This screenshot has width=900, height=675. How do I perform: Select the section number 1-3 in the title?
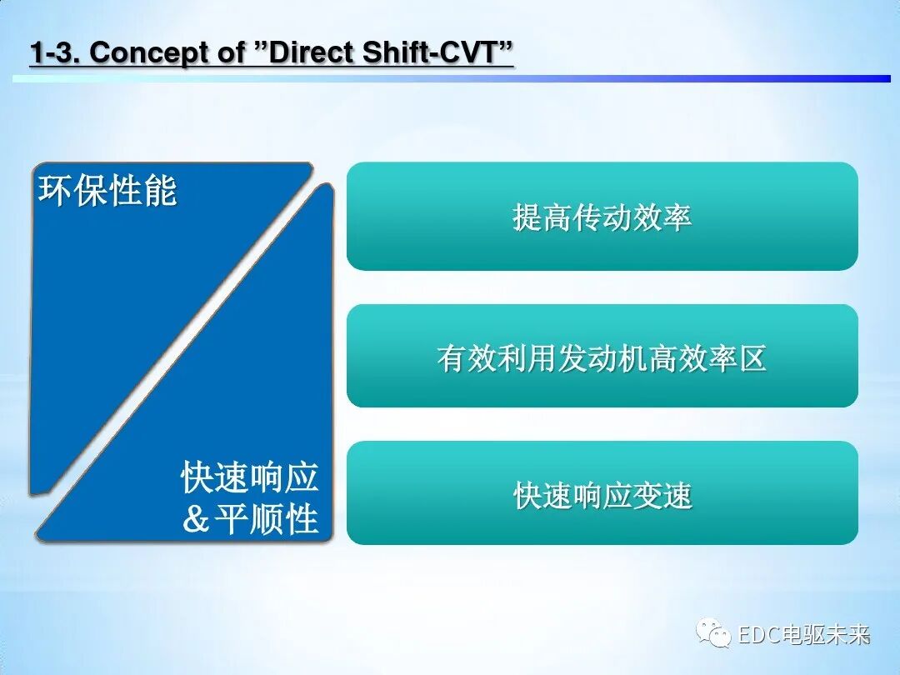coord(55,52)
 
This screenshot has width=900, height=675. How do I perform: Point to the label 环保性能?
coord(107,192)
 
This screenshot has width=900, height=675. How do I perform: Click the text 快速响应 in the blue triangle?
coord(250,478)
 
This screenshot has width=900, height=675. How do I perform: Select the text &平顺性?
coord(250,519)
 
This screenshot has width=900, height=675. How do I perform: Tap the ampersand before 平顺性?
coord(195,520)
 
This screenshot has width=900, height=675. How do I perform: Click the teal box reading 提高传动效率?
coord(602,217)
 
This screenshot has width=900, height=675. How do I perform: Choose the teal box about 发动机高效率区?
coord(602,357)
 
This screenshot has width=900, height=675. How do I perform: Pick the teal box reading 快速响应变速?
coord(602,494)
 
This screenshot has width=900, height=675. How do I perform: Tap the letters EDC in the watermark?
coord(757,635)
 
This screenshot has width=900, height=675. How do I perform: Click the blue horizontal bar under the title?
coord(450,78)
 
